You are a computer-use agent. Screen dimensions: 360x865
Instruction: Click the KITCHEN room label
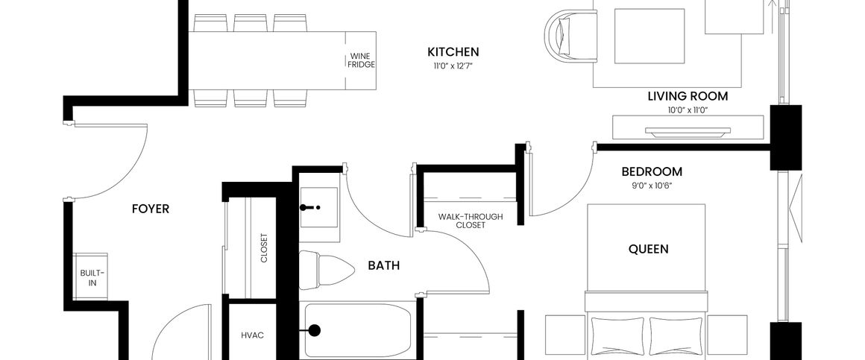[453, 52]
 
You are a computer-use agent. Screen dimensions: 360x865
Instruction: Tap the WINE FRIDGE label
[361, 60]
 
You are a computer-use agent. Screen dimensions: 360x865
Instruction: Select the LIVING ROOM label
[687, 96]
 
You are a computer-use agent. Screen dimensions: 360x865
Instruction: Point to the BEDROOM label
[652, 171]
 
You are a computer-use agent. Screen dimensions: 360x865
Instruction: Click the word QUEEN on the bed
[648, 249]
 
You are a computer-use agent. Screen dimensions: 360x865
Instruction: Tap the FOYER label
[151, 209]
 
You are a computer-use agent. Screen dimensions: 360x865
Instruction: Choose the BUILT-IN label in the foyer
[93, 277]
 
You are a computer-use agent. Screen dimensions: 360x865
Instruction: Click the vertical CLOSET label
[264, 248]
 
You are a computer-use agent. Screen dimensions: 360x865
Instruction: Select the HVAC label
[252, 335]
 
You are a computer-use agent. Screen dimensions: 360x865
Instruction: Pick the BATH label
[383, 265]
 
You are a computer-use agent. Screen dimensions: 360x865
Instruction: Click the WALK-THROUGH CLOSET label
[471, 221]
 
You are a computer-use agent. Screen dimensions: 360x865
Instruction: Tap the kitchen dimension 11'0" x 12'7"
[453, 66]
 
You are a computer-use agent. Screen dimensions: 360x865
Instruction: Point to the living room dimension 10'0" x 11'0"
[687, 110]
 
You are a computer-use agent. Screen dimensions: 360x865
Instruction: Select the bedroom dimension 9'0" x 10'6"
[652, 186]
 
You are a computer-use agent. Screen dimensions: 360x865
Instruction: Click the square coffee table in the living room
[649, 36]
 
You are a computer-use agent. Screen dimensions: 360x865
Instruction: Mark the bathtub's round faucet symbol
[314, 330]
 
